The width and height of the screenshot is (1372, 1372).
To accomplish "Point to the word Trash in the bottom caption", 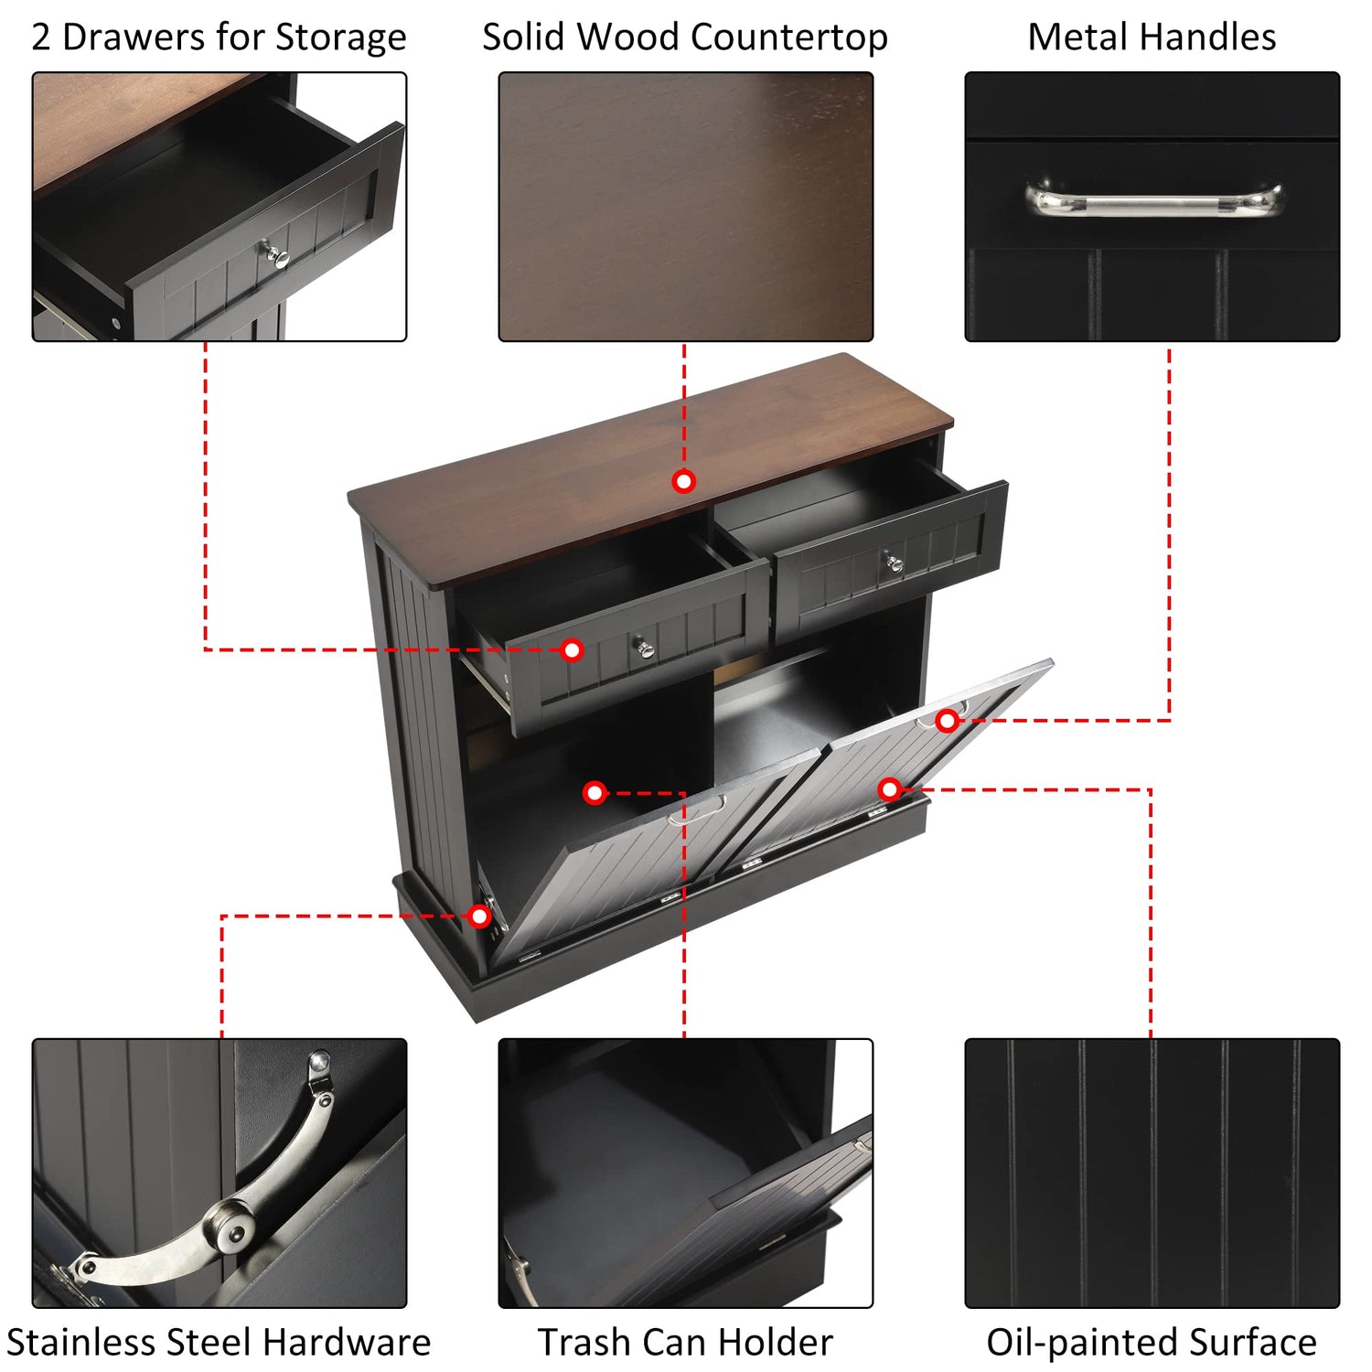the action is pyautogui.click(x=582, y=1343).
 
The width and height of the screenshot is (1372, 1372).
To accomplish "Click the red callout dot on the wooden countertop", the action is pyautogui.click(x=683, y=481).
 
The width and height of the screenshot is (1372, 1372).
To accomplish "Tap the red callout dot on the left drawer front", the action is pyautogui.click(x=572, y=649).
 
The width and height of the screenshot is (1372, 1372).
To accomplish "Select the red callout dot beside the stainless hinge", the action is pyautogui.click(x=479, y=916).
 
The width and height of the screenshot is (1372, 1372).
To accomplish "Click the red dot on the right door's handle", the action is pyautogui.click(x=947, y=721).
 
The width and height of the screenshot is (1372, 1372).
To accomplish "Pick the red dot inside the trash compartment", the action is pyautogui.click(x=595, y=792).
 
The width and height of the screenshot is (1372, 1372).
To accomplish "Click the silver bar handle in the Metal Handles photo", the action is pyautogui.click(x=1153, y=200).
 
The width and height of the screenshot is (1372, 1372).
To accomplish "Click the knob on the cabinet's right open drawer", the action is pyautogui.click(x=894, y=562).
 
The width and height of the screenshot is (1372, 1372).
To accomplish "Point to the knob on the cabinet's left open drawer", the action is pyautogui.click(x=646, y=648).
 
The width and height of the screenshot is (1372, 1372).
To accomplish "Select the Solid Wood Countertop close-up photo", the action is pyautogui.click(x=686, y=207).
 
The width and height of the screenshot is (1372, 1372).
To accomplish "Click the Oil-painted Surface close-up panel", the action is pyautogui.click(x=1152, y=1174).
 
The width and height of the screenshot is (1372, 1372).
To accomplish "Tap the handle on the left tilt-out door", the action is pyautogui.click(x=697, y=809).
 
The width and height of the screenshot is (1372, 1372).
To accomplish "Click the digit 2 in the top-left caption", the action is pyautogui.click(x=41, y=38).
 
